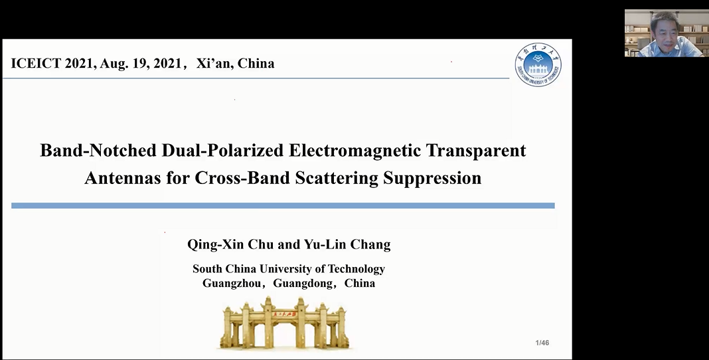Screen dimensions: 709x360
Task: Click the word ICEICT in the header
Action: (x=36, y=63)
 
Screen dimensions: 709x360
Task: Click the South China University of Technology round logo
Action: (x=538, y=64)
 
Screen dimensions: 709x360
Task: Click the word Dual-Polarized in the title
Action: (x=223, y=151)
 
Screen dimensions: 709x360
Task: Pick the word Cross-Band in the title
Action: (x=242, y=178)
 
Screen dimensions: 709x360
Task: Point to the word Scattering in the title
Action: (x=337, y=179)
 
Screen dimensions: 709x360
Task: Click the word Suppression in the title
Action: (x=432, y=179)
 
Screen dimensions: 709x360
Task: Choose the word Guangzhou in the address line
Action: (x=232, y=284)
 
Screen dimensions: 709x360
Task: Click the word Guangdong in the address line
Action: (x=302, y=284)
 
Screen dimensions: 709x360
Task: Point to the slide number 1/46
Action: (x=542, y=343)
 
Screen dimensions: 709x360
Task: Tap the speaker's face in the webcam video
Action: (x=665, y=29)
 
